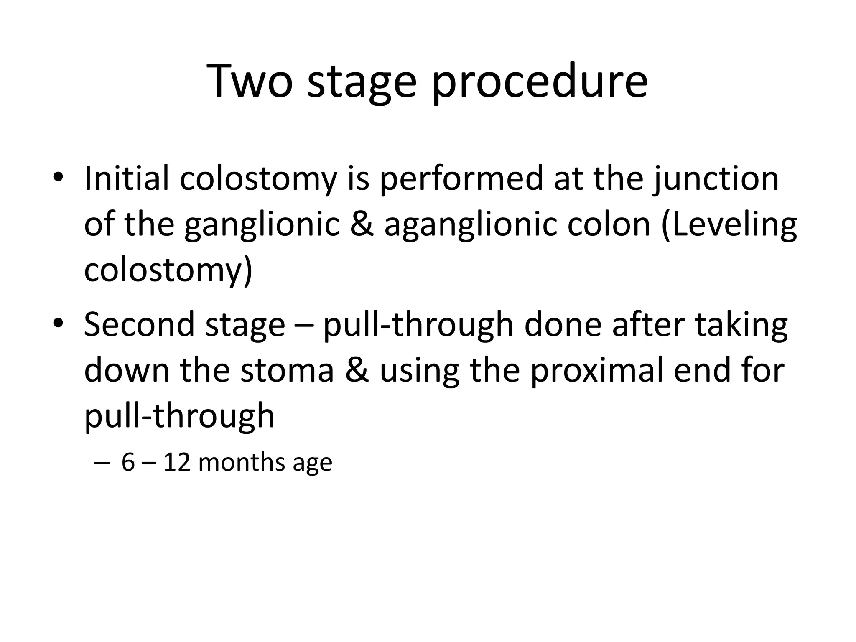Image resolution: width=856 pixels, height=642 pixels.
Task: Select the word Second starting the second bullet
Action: coord(139,324)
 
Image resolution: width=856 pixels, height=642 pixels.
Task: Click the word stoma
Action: coord(287,370)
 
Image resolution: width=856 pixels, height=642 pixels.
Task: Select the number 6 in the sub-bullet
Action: coord(128,463)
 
